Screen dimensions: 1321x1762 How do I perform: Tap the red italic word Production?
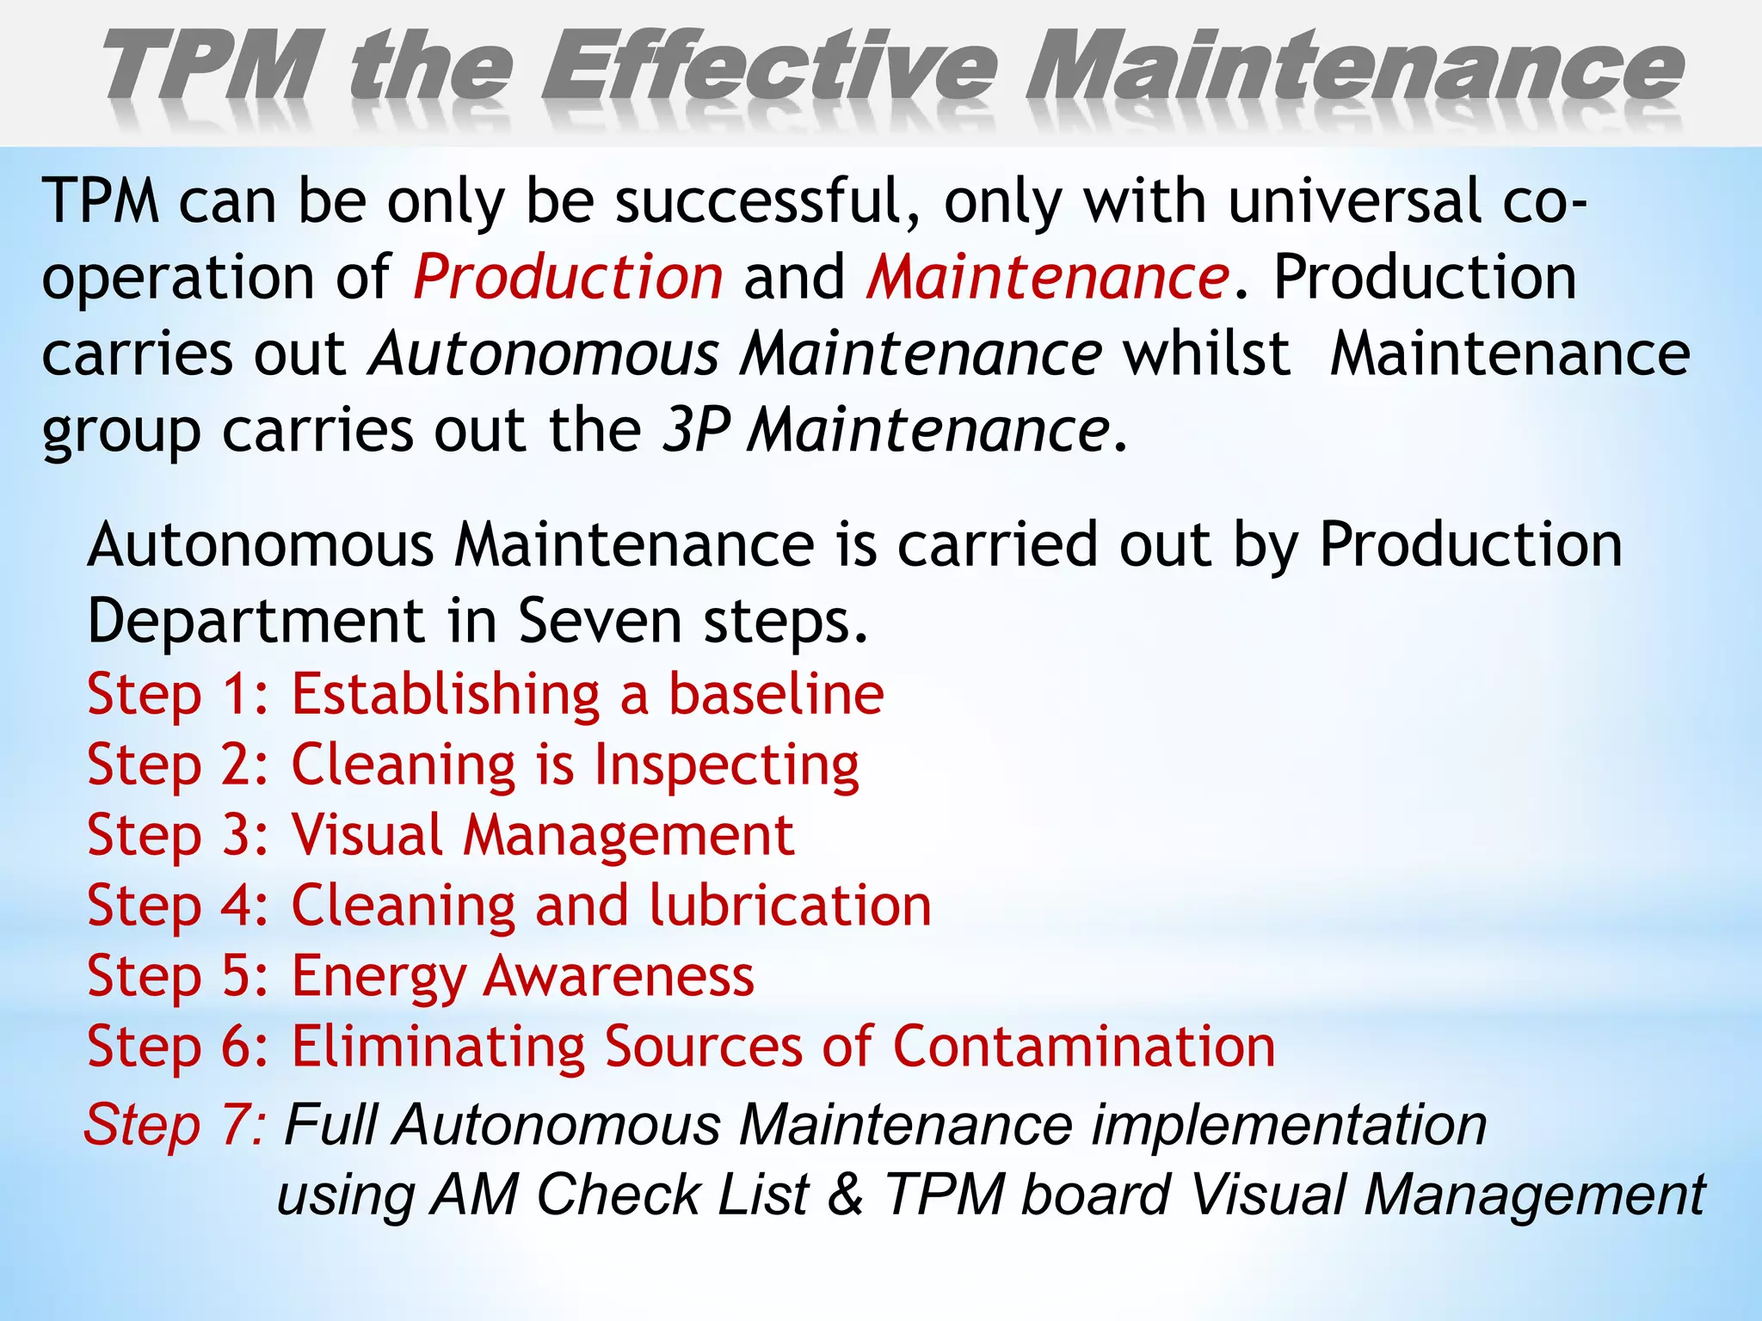(x=568, y=277)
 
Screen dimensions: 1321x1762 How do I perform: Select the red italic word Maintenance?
(x=1048, y=277)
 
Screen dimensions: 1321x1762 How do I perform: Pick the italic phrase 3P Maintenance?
(x=886, y=430)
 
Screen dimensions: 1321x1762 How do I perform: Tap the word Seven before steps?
(x=600, y=620)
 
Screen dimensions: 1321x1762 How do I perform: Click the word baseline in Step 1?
(x=776, y=694)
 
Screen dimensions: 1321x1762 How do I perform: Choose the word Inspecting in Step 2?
(x=727, y=765)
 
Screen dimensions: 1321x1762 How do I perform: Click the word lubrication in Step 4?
(x=790, y=906)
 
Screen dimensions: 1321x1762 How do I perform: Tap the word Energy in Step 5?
(x=379, y=977)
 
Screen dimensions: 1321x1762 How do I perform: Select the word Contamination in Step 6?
(x=1083, y=1047)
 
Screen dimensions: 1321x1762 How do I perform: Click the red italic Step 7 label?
(x=176, y=1124)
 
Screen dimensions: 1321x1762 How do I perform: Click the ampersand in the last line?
(x=847, y=1195)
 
